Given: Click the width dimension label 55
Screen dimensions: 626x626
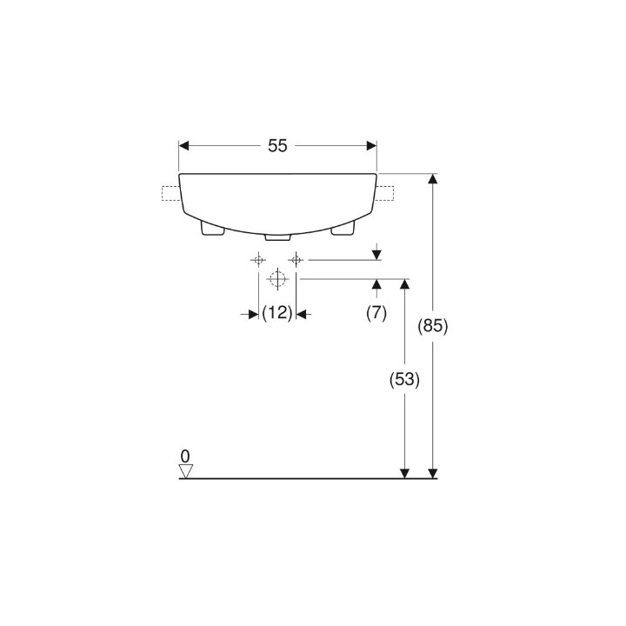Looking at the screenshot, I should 277,146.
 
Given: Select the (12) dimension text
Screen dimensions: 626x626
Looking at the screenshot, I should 277,314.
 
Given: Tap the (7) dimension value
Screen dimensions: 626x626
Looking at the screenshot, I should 376,314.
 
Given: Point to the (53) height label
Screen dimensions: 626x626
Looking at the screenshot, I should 405,380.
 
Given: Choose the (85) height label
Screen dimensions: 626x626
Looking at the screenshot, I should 432,327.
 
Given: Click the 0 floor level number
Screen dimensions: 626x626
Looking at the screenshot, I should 184,456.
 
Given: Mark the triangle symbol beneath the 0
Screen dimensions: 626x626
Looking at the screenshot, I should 184,470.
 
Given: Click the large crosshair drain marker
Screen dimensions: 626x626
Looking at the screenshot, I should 277,279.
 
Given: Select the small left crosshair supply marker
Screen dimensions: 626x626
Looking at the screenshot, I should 258,259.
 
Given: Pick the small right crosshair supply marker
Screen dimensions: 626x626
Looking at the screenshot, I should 296,259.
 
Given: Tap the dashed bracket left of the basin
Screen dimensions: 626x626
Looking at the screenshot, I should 170,194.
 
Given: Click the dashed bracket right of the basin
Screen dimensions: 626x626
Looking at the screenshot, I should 385,193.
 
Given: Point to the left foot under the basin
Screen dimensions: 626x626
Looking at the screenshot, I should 211,227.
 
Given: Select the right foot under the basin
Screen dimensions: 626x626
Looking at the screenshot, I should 343,227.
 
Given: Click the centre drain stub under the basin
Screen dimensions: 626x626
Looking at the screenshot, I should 277,236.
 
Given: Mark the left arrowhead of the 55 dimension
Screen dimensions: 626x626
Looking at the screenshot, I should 184,146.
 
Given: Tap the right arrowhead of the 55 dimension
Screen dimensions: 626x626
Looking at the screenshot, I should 371,146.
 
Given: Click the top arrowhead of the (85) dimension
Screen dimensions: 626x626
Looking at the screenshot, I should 432,179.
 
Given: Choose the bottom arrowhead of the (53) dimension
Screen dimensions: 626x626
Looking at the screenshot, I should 405,472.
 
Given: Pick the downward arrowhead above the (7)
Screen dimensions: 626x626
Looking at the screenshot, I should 376,254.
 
